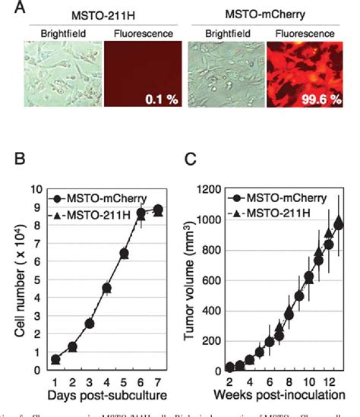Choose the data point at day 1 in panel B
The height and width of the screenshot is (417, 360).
click(55, 359)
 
